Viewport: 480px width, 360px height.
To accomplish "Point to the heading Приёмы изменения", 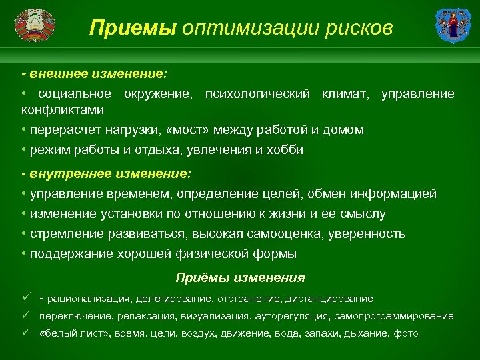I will [x=240, y=278].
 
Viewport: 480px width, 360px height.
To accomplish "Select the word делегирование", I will [x=173, y=299].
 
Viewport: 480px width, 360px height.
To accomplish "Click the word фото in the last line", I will [x=406, y=333].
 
